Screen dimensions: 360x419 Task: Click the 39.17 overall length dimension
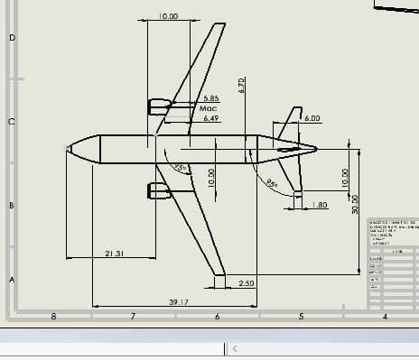coord(178,301)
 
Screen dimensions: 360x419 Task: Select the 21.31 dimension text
coord(114,254)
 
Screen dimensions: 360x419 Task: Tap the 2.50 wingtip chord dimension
coord(247,283)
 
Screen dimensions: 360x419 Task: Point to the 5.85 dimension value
coord(211,98)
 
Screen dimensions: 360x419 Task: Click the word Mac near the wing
coord(208,108)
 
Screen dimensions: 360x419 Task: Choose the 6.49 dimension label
coord(211,118)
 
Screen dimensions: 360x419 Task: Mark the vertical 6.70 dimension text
coord(242,85)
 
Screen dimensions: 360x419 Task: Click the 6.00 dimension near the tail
coord(312,118)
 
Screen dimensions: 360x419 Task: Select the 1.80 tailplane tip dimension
coord(319,205)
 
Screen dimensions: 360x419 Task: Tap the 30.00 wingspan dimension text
coord(355,204)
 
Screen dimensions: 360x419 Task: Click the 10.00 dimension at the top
coord(168,16)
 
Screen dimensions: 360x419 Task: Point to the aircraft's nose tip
coord(68,148)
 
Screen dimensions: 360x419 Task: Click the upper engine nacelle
coord(159,106)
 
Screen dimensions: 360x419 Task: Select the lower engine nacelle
coord(159,190)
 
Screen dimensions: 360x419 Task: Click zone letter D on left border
coord(12,38)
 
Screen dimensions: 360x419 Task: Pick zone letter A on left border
coord(12,280)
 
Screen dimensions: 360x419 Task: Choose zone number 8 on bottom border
coord(53,316)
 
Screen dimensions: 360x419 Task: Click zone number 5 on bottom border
coord(300,316)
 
